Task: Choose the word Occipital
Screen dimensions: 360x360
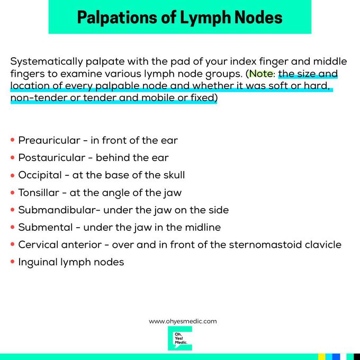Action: [39, 175]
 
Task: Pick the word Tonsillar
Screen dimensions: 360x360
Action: [39, 193]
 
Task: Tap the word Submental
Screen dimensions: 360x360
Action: [44, 228]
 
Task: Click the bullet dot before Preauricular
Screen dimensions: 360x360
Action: [13, 141]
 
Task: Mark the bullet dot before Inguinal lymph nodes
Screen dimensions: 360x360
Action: [13, 262]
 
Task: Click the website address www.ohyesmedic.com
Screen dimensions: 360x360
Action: [183, 321]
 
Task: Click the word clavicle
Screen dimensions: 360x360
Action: [323, 245]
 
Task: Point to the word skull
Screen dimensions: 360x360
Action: [173, 175]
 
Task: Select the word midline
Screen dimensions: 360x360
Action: [202, 228]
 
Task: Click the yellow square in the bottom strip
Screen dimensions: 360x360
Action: [321, 357]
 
